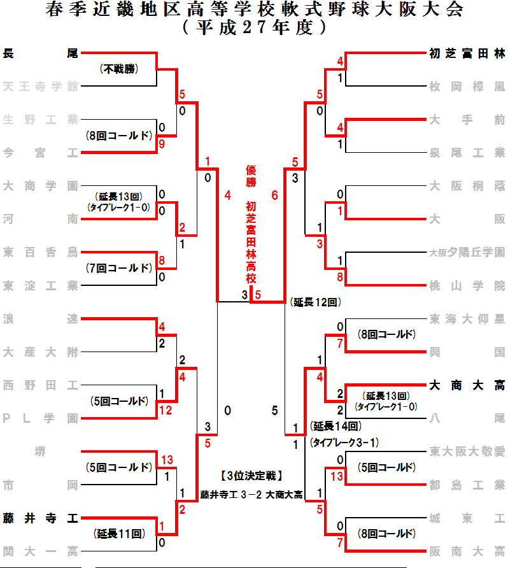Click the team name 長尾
(x=40, y=53)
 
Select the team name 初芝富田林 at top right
(x=467, y=53)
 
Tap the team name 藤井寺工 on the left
(x=40, y=518)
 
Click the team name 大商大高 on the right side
(x=467, y=385)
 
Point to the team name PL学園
(x=40, y=418)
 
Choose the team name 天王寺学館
(x=40, y=86)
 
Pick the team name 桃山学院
(x=467, y=285)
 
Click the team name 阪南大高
(x=467, y=551)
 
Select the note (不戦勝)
(x=119, y=69)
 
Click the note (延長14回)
(x=336, y=426)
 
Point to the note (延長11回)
(x=119, y=534)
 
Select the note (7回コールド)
(x=119, y=268)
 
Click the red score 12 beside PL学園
(x=166, y=411)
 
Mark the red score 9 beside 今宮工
(x=162, y=144)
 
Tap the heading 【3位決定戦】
(x=251, y=476)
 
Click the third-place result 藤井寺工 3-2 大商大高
(x=251, y=493)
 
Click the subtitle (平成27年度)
(x=254, y=28)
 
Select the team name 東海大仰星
(x=467, y=318)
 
